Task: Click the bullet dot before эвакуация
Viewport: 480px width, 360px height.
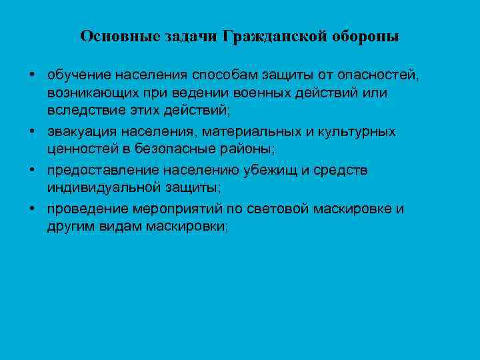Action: coord(32,131)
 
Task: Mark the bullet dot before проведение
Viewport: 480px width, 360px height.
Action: coord(32,208)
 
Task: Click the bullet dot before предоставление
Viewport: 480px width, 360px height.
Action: coord(32,169)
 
